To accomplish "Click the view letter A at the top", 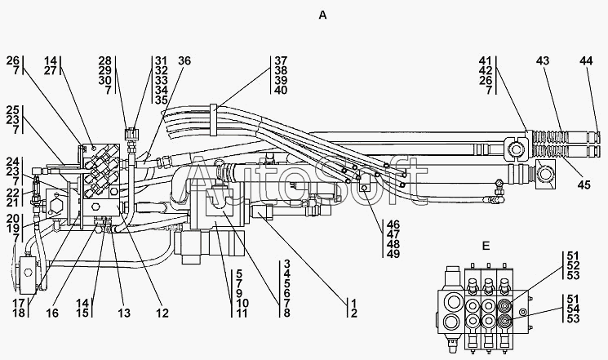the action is tap(322, 16).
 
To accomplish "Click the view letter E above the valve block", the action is tap(486, 246).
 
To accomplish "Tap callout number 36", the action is tap(184, 60).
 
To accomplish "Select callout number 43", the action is tap(543, 60).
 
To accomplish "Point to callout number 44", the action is tap(586, 60).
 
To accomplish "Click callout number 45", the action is tap(584, 184).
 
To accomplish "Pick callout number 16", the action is tap(52, 313).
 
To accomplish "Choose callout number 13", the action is tap(124, 313).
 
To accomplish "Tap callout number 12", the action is tap(162, 313).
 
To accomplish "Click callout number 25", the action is tap(12, 110).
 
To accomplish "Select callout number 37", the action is tap(281, 60).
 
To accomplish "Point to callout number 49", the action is tap(393, 254).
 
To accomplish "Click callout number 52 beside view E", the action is tap(573, 265).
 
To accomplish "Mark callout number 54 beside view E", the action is tap(573, 309).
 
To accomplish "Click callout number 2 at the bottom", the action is tap(353, 313).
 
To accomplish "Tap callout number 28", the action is tap(104, 60).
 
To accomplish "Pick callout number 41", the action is tap(485, 60).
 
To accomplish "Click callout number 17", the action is tap(19, 303).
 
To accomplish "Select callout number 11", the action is tap(242, 313).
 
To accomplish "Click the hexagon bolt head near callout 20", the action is tap(54, 203).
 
